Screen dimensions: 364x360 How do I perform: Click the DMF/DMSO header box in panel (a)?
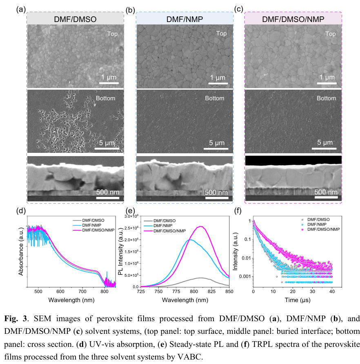point(75,19)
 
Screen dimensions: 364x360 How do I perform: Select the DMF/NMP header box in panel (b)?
point(184,19)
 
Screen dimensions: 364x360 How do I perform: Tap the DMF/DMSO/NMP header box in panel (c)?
point(293,19)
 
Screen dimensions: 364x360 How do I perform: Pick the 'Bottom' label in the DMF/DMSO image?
point(105,98)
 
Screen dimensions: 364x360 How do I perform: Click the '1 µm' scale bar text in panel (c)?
point(326,77)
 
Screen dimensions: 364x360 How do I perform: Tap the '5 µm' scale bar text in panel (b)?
point(218,143)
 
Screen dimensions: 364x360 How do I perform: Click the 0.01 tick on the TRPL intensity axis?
point(245,258)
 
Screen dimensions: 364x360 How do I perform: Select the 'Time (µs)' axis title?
point(293,300)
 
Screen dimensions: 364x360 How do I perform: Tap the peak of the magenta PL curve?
point(200,226)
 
